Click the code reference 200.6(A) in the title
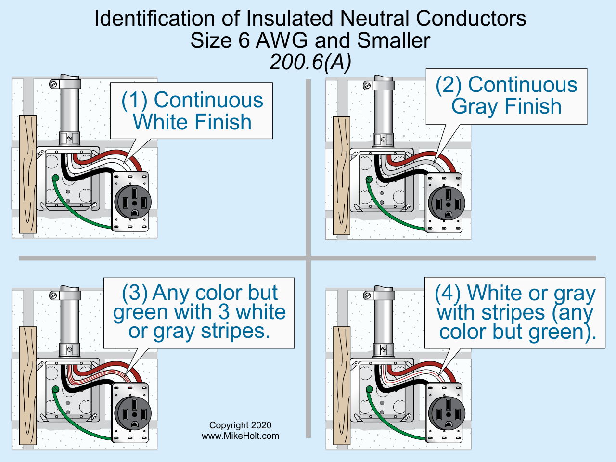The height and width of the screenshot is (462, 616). point(310,62)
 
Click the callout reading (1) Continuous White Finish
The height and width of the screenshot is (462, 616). point(192,111)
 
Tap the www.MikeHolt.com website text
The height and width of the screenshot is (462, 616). point(240,436)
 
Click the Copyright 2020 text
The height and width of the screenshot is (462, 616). point(240,425)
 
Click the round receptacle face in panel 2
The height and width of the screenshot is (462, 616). point(447,203)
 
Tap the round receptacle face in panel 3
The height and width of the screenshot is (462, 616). point(133,413)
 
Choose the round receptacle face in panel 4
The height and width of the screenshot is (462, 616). point(447,413)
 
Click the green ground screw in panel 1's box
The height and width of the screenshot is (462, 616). point(56,178)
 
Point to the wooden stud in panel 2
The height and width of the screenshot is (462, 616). point(341,176)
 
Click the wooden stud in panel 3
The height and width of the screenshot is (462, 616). point(27,385)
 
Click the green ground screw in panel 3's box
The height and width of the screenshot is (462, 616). point(56,389)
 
